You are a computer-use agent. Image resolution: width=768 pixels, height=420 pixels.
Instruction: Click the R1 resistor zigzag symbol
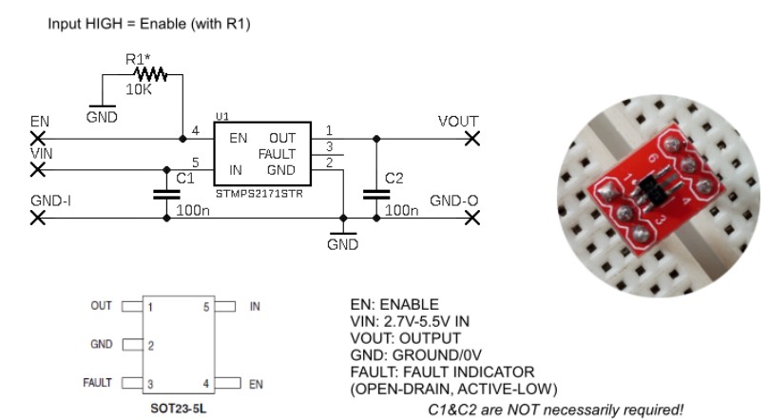pos(150,75)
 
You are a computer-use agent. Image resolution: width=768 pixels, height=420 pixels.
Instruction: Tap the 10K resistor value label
pos(139,89)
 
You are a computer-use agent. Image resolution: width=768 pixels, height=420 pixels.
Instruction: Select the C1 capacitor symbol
pos(166,195)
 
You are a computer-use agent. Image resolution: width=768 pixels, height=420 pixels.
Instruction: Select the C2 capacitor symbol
pos(376,195)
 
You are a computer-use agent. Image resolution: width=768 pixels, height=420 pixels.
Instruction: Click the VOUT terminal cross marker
pos(472,139)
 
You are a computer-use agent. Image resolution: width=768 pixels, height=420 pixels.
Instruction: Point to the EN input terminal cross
pos(38,139)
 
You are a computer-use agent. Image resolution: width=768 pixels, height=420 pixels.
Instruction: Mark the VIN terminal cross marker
pos(38,170)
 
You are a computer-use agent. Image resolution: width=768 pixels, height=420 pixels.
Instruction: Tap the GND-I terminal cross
pos(38,218)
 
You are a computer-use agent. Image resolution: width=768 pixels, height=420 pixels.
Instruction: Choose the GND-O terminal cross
pos(472,218)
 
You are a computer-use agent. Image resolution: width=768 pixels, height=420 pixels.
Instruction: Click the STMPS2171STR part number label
pos(259,194)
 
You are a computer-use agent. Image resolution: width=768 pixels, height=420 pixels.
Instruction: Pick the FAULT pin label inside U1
pos(277,154)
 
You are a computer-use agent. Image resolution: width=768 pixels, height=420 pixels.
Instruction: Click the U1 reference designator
pos(221,117)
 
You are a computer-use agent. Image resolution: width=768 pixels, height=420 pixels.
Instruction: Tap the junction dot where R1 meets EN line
pos(182,139)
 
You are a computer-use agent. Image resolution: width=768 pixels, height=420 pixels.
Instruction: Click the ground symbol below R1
pos(103,106)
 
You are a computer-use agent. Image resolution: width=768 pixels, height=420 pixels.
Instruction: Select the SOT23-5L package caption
pos(178,409)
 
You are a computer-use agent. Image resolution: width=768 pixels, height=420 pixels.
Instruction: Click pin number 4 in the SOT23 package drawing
pos(206,384)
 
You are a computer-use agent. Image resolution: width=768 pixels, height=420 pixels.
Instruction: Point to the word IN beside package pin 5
pos(255,306)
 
